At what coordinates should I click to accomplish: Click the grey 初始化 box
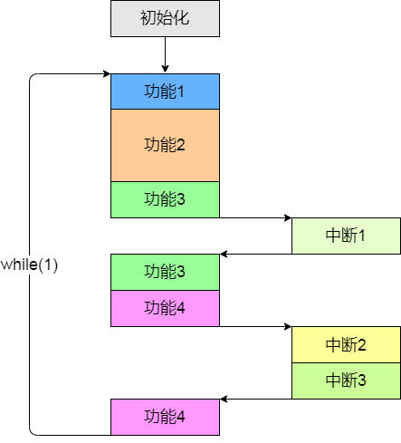pos(165,19)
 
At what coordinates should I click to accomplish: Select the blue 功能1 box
pos(165,91)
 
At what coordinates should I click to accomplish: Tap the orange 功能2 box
pos(165,145)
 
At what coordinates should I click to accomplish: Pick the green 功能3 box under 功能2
pos(165,199)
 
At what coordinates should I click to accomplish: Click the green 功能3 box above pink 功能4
pos(165,272)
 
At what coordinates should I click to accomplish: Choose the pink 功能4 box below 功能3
pos(165,307)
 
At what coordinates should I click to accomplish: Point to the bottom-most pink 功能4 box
pos(165,417)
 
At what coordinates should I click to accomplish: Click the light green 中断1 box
pos(346,236)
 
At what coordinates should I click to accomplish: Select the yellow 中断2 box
pos(346,344)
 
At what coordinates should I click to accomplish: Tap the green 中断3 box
pos(346,380)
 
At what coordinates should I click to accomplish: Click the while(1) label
pos(29,265)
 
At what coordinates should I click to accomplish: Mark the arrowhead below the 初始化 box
pos(165,69)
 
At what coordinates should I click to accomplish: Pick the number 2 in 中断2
pos(361,344)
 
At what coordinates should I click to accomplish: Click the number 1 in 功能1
pos(180,91)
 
